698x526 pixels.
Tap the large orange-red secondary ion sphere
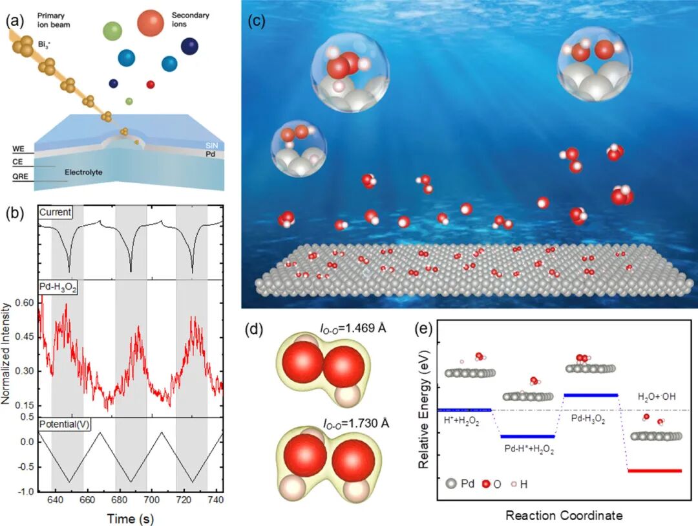click(x=151, y=23)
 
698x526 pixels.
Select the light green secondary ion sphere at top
click(x=112, y=30)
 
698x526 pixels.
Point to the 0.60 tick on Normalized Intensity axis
click(x=25, y=303)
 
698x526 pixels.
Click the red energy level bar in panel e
click(x=655, y=470)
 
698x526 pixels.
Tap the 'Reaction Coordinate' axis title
click(x=564, y=516)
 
